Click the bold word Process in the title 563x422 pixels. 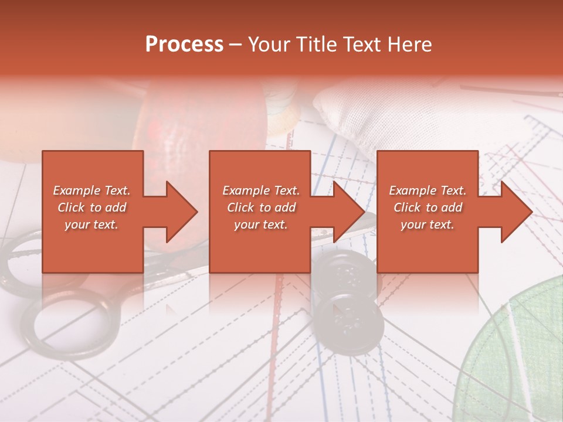click(x=184, y=45)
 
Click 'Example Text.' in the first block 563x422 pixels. click(x=91, y=190)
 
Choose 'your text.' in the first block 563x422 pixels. click(x=91, y=224)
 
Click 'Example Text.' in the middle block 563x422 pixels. click(x=260, y=190)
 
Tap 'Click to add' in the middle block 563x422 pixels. click(x=260, y=207)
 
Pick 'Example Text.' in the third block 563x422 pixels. click(x=428, y=190)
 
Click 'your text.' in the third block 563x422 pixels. click(x=428, y=224)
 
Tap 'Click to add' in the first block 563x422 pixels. click(x=91, y=207)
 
